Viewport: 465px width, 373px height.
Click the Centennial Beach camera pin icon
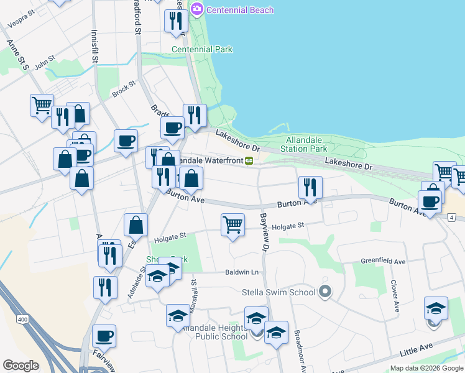[197, 9]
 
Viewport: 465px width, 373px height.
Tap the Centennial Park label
[202, 49]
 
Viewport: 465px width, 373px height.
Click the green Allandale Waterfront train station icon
[249, 160]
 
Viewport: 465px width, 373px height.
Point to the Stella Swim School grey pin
[324, 292]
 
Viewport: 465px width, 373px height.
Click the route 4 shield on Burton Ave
[451, 217]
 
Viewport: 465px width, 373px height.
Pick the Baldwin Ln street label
[242, 272]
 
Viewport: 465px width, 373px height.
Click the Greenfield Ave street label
[383, 262]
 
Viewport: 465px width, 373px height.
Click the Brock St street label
[123, 90]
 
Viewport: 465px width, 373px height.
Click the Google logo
[21, 365]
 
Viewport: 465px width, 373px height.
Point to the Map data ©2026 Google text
[426, 368]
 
